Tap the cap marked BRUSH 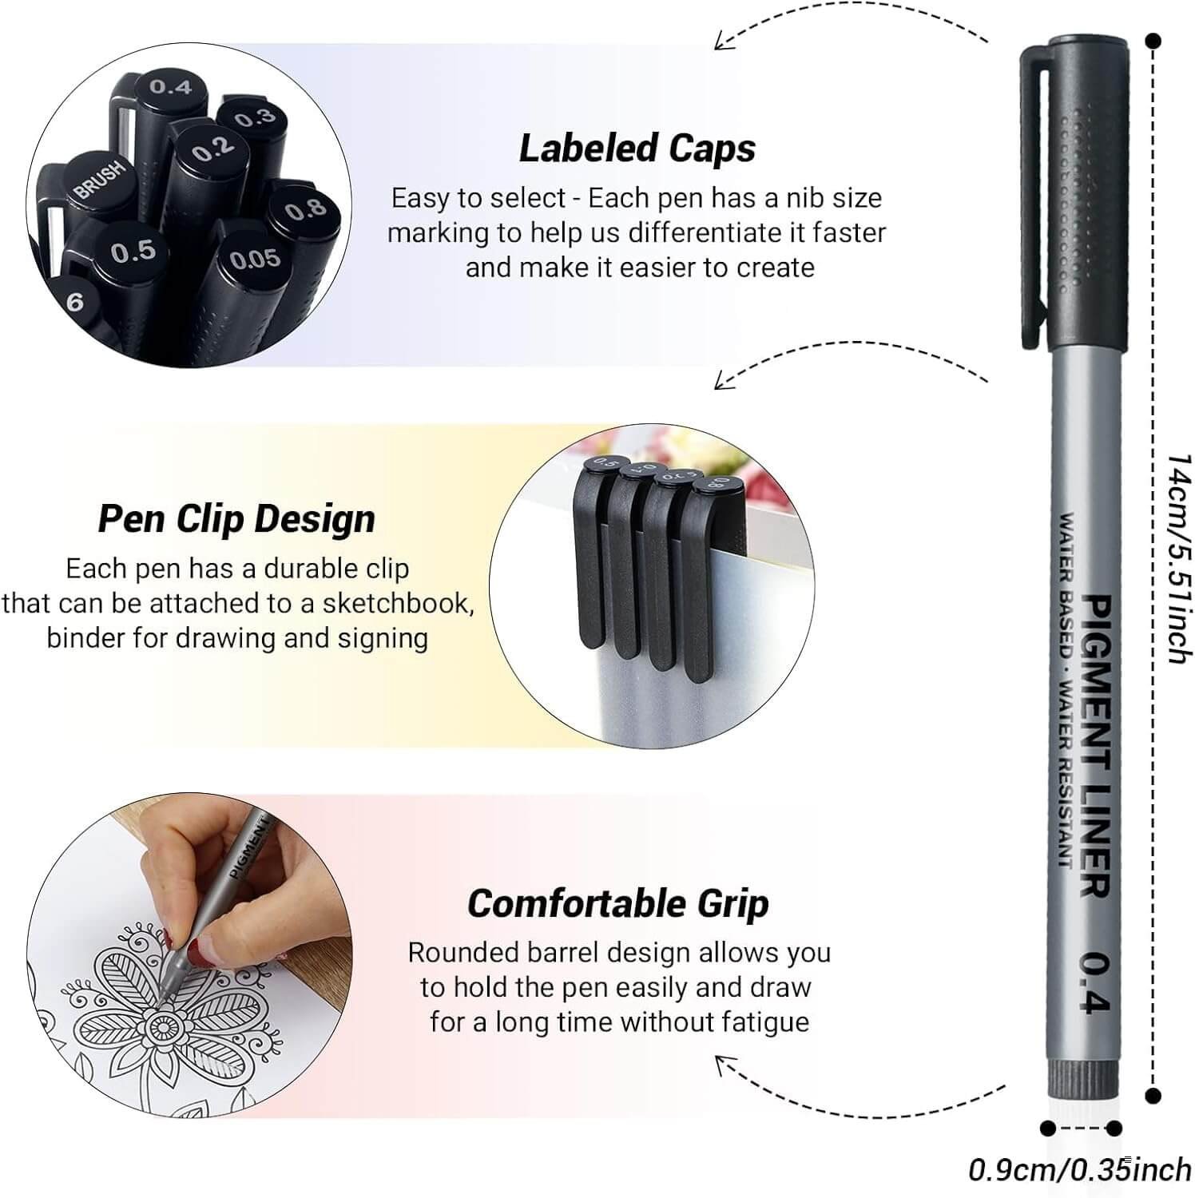pos(100,181)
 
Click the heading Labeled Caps pos(637,149)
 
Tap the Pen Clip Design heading pos(236,519)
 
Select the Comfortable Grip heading pos(617,904)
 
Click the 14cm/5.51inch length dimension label pos(1178,559)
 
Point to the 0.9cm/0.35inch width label pos(1079,1170)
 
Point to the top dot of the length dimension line pos(1153,40)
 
